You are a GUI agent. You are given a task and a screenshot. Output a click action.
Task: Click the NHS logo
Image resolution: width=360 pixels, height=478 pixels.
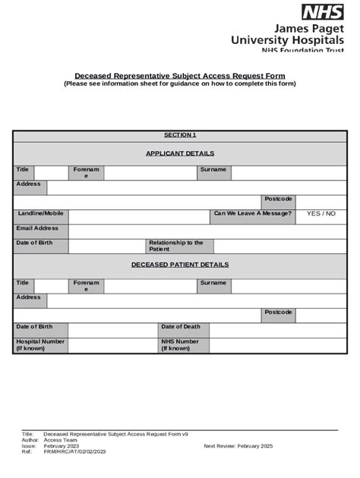click(323, 11)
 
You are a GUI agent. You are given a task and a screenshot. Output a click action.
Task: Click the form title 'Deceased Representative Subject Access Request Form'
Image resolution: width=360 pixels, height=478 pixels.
click(179, 76)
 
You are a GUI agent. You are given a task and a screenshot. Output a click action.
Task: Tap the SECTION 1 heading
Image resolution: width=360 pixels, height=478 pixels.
click(180, 135)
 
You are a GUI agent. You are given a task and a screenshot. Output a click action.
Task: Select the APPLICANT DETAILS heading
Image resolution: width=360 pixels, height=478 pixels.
click(180, 153)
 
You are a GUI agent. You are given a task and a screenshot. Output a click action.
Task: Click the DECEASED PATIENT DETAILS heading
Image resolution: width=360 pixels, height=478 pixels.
click(180, 265)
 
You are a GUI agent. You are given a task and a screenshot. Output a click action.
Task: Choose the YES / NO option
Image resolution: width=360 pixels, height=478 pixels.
click(321, 214)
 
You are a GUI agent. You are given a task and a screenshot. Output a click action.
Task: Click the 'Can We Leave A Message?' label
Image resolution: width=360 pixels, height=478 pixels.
click(252, 214)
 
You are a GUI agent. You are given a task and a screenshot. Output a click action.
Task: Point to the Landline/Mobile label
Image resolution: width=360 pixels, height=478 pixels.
click(41, 214)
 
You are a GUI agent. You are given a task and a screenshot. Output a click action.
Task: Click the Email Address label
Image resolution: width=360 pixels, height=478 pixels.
click(37, 228)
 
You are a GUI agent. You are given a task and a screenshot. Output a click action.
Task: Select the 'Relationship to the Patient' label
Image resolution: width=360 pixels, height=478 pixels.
click(176, 246)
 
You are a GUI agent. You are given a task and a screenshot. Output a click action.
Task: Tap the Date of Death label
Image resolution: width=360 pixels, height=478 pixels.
click(181, 327)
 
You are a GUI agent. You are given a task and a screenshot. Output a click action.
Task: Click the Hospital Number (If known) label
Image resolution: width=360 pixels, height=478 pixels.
click(40, 345)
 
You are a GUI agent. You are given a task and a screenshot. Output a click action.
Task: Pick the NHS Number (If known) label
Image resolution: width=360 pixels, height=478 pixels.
click(180, 345)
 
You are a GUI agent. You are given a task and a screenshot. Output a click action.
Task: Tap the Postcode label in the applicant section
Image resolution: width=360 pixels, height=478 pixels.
click(278, 199)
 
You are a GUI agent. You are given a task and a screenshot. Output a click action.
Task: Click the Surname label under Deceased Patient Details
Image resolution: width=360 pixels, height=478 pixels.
click(213, 283)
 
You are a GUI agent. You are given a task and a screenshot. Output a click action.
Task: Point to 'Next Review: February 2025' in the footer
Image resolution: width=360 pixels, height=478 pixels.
click(238, 446)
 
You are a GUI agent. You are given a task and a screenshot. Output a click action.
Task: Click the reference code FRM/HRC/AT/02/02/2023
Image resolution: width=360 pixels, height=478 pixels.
click(74, 452)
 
